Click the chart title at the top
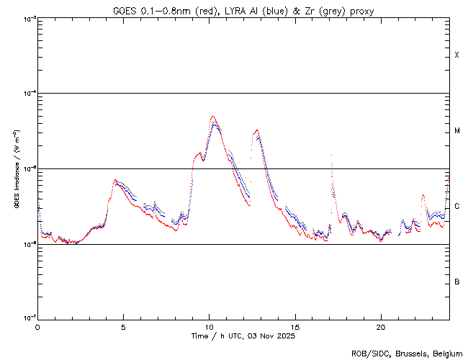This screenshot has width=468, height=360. click(x=243, y=11)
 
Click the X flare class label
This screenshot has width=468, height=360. click(x=457, y=55)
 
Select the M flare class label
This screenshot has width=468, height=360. click(x=457, y=131)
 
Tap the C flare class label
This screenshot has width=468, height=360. click(x=457, y=207)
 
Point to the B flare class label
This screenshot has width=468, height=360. click(x=457, y=282)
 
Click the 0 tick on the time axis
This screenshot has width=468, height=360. click(x=37, y=326)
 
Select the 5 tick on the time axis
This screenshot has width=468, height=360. click(x=123, y=326)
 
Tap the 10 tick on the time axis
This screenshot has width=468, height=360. click(x=209, y=326)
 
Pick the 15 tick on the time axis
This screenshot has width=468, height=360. click(x=294, y=326)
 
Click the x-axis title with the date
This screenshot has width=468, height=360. click(x=243, y=336)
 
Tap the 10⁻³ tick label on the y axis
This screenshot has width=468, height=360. click(x=27, y=18)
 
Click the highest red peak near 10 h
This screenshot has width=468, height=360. click(x=212, y=117)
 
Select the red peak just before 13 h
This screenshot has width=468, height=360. click(x=256, y=130)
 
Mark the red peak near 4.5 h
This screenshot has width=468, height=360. click(x=114, y=180)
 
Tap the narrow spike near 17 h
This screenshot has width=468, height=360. click(x=331, y=155)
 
